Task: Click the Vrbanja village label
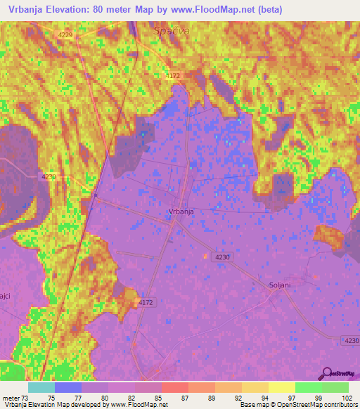tap(181, 211)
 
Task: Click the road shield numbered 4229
tap(65, 34)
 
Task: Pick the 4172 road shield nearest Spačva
tap(172, 74)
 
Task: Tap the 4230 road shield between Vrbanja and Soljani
tap(222, 257)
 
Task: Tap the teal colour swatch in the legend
tap(41, 387)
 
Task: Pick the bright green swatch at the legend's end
tap(335, 387)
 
